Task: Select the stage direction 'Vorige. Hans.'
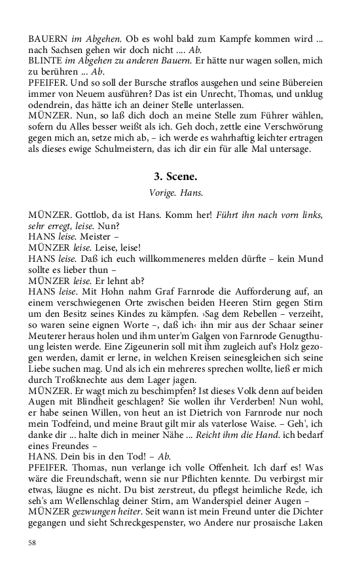(x=179, y=193)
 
